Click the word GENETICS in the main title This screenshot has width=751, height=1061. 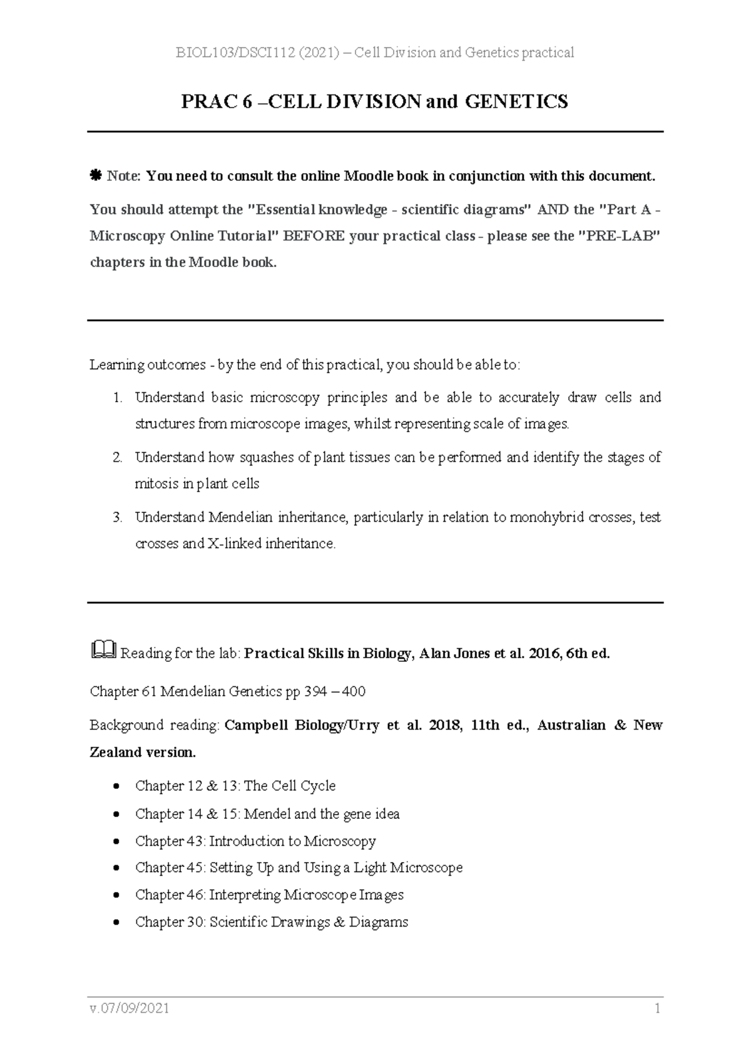[x=516, y=101]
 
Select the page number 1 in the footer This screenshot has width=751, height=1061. [x=657, y=1008]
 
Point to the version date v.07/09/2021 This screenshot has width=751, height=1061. [x=130, y=1008]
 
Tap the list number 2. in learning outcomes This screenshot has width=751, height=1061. [x=117, y=457]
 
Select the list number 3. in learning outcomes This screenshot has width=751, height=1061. [x=117, y=517]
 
